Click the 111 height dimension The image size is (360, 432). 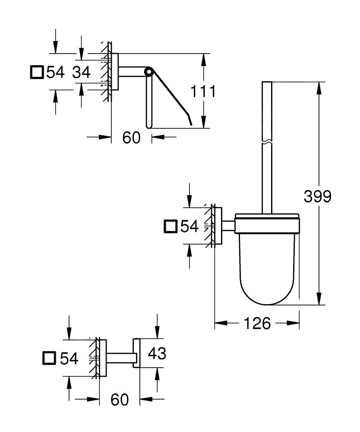[202, 92]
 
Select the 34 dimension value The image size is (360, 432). [81, 72]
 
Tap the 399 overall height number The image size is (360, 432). [317, 197]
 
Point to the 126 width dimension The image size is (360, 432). [257, 323]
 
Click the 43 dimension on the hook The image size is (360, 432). [157, 354]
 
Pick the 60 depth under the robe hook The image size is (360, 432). [119, 400]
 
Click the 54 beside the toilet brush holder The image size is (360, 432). [189, 226]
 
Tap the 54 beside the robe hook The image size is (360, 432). [69, 358]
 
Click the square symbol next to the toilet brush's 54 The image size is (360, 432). [171, 226]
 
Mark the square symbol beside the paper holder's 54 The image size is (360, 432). [37, 72]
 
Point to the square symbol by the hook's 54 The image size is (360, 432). [50, 358]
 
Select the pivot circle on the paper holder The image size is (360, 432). [149, 71]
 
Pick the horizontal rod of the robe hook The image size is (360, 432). [120, 357]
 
